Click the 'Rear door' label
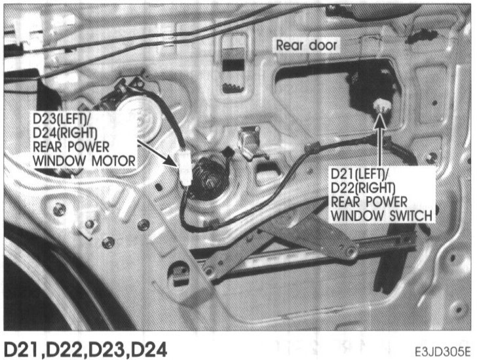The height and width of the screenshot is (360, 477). [306, 45]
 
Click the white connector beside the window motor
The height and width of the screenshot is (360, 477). [185, 167]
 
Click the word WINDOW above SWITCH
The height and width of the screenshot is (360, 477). [360, 214]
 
